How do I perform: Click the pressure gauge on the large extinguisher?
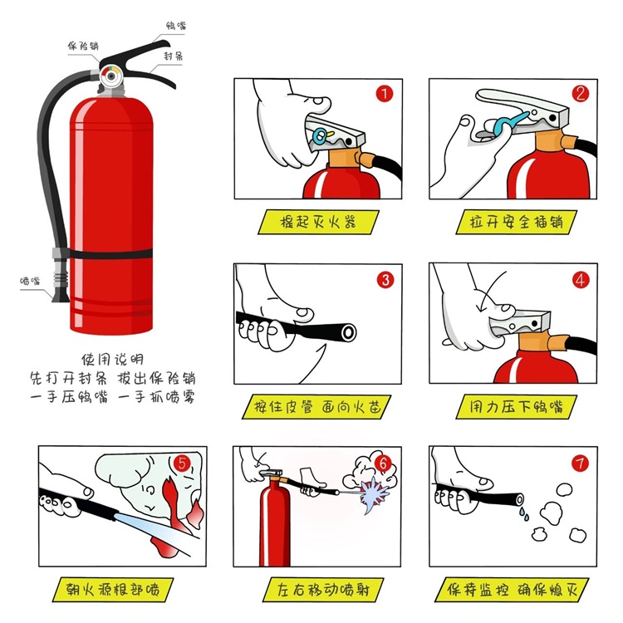pyautogui.click(x=110, y=76)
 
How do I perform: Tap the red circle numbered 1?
pyautogui.click(x=385, y=94)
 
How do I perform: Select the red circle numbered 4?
pyautogui.click(x=580, y=280)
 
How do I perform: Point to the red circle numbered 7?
pyautogui.click(x=580, y=463)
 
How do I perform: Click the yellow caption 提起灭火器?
pyautogui.click(x=318, y=222)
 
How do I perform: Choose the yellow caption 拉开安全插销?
pyautogui.click(x=516, y=222)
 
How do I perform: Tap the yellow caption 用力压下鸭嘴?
pyautogui.click(x=516, y=406)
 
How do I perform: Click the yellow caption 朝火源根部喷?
pyautogui.click(x=113, y=589)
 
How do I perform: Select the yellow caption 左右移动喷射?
pyautogui.click(x=323, y=589)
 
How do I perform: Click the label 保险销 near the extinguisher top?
pyautogui.click(x=82, y=46)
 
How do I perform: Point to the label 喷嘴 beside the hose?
pyautogui.click(x=30, y=281)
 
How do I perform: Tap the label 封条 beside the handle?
pyautogui.click(x=174, y=56)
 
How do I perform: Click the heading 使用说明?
pyautogui.click(x=112, y=359)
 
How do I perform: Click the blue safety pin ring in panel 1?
pyautogui.click(x=321, y=136)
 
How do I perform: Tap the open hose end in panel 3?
pyautogui.click(x=348, y=332)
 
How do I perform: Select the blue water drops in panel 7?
pyautogui.click(x=523, y=513)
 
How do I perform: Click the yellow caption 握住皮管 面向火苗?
pyautogui.click(x=316, y=406)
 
